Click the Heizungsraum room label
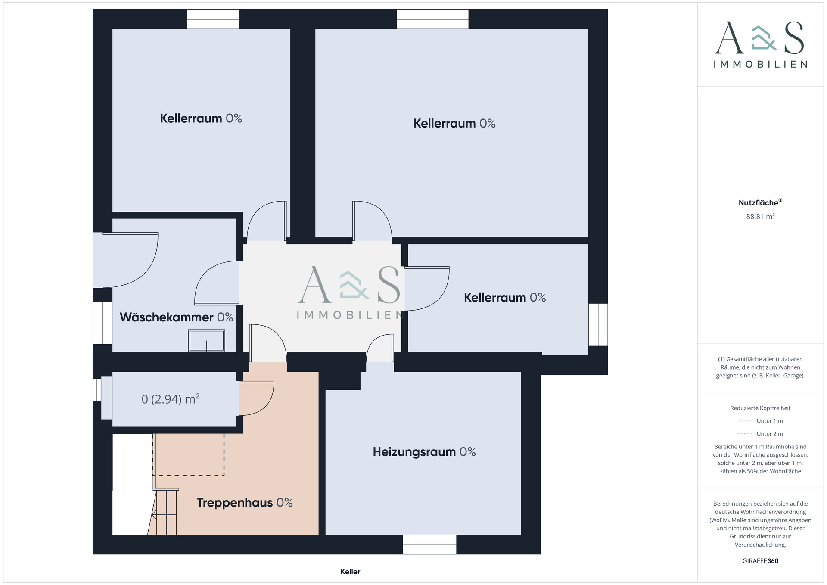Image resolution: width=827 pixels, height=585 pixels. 424,452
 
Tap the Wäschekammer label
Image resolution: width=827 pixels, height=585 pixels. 176,317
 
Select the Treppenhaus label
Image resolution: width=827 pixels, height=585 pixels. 244,503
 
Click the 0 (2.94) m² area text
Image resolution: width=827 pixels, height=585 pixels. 171,399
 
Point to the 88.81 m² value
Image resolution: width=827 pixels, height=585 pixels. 760,216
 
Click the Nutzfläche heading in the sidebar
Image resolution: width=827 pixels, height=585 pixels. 760,202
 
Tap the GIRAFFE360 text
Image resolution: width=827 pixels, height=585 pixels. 760,561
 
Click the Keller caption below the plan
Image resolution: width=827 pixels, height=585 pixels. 350,572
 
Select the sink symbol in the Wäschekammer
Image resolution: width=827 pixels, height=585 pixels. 207,340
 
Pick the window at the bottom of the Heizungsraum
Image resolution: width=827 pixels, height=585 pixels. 429,545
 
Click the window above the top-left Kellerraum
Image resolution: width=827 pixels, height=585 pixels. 213,19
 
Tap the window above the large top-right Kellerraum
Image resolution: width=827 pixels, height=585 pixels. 432,19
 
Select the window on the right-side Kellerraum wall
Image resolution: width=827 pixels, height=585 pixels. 598,324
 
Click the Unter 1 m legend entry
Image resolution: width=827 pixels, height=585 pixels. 760,421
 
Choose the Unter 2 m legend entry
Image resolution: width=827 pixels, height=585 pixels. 760,434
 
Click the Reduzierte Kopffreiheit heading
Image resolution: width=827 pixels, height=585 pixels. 760,408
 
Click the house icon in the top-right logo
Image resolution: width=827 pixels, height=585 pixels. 764,38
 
